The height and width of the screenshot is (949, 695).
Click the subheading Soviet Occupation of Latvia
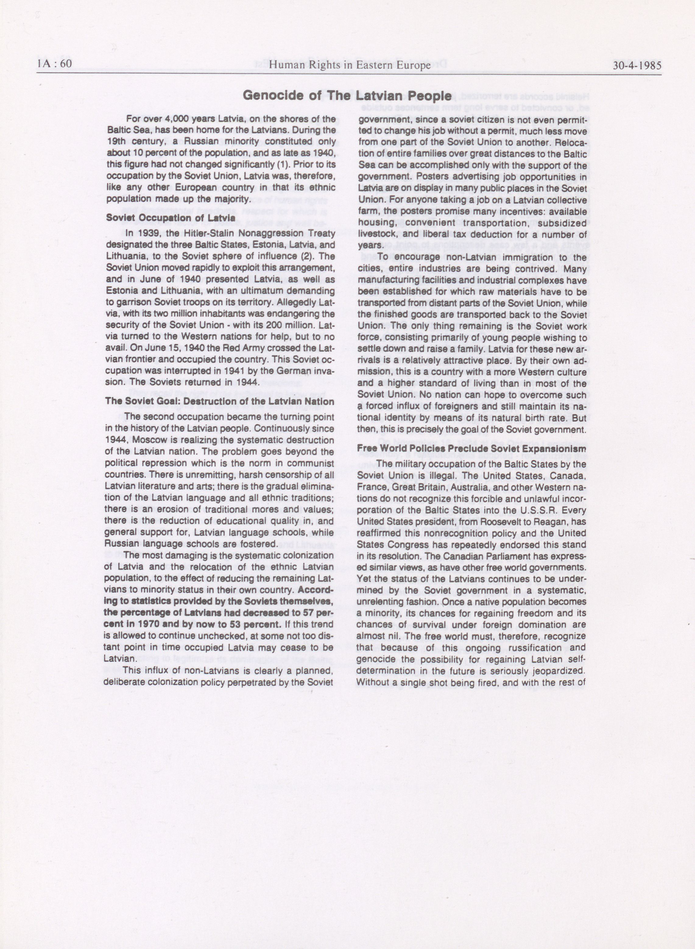(170, 218)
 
